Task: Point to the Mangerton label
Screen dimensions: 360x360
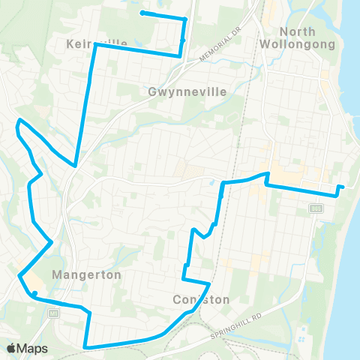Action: point(86,275)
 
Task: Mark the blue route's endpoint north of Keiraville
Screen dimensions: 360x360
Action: point(142,13)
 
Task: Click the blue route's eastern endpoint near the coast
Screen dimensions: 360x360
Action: point(341,187)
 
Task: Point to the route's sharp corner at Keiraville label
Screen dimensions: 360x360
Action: point(95,45)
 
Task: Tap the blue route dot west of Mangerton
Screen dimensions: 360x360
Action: point(34,293)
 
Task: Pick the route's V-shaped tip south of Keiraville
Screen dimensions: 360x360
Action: point(75,165)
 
